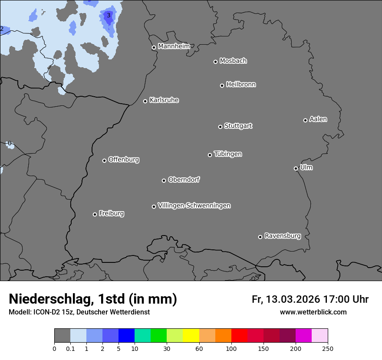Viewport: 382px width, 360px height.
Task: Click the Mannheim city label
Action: (x=174, y=46)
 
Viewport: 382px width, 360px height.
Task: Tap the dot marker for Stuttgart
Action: (x=220, y=127)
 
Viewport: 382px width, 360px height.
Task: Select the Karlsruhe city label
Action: (x=164, y=100)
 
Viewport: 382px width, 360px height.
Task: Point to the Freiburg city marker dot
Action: (x=95, y=214)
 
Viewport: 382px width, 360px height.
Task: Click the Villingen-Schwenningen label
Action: (x=194, y=206)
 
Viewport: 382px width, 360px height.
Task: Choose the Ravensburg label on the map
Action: (x=282, y=236)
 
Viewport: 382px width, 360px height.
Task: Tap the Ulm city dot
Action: (x=296, y=168)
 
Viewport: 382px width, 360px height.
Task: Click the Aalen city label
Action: (x=318, y=119)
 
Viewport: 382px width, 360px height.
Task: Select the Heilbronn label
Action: (x=241, y=85)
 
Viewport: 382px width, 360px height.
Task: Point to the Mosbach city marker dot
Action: (x=215, y=62)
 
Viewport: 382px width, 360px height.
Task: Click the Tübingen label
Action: (x=228, y=154)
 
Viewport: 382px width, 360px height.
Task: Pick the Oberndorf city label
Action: (x=184, y=180)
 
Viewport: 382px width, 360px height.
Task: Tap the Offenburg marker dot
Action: (x=104, y=160)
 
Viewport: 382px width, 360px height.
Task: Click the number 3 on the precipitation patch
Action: (x=109, y=16)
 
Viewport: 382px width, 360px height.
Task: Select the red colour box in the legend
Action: (x=239, y=336)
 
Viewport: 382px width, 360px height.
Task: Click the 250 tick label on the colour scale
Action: (x=327, y=348)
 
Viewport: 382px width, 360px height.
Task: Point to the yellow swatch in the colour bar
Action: (x=191, y=336)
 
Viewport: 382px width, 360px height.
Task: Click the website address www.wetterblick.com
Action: (x=313, y=312)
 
